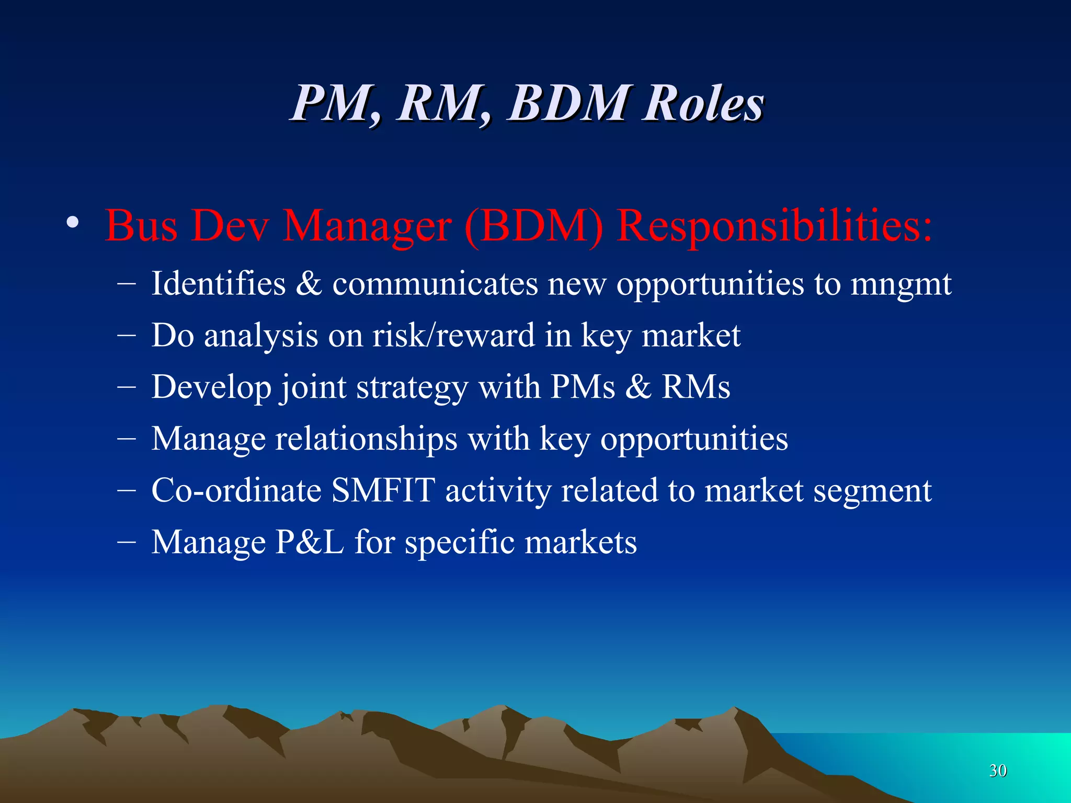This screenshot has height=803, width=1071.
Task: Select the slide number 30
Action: [998, 771]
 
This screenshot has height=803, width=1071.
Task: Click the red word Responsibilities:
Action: [774, 226]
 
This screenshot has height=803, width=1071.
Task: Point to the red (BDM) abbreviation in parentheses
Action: [533, 226]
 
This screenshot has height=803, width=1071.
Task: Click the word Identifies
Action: [219, 284]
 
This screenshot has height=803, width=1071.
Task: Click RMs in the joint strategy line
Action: [696, 387]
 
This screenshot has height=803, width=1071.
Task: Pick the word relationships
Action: [366, 439]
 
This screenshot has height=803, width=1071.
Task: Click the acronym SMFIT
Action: [383, 490]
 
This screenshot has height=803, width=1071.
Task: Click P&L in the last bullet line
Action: [310, 542]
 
